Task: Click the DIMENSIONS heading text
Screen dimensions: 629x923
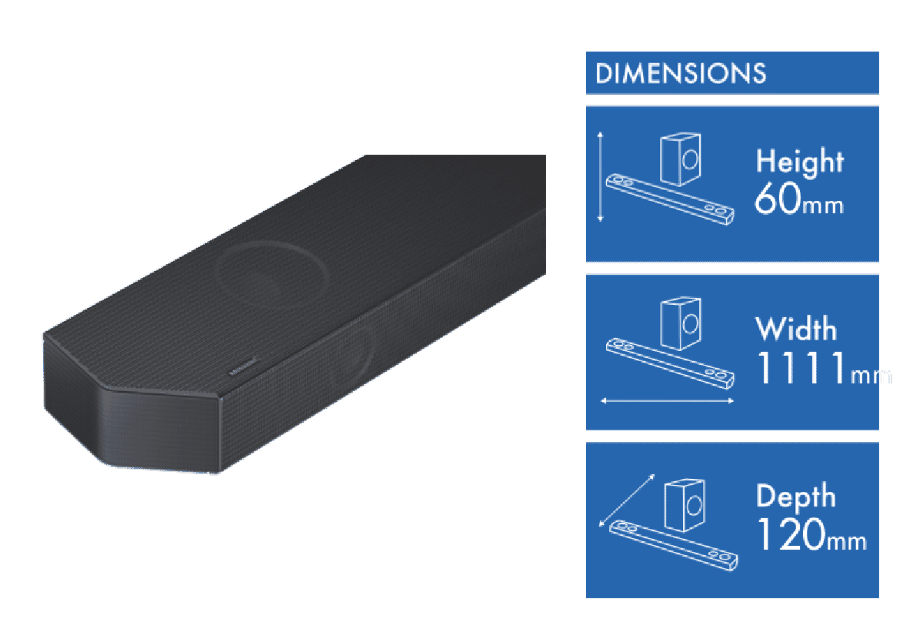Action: point(681,73)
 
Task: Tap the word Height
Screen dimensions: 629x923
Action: point(799,162)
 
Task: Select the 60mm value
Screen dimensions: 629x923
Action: point(799,200)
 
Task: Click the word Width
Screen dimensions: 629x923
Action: point(796,330)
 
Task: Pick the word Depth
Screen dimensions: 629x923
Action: point(795,497)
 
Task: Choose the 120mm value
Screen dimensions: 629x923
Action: point(811,534)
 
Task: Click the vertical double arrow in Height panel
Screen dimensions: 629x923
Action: point(601,177)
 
